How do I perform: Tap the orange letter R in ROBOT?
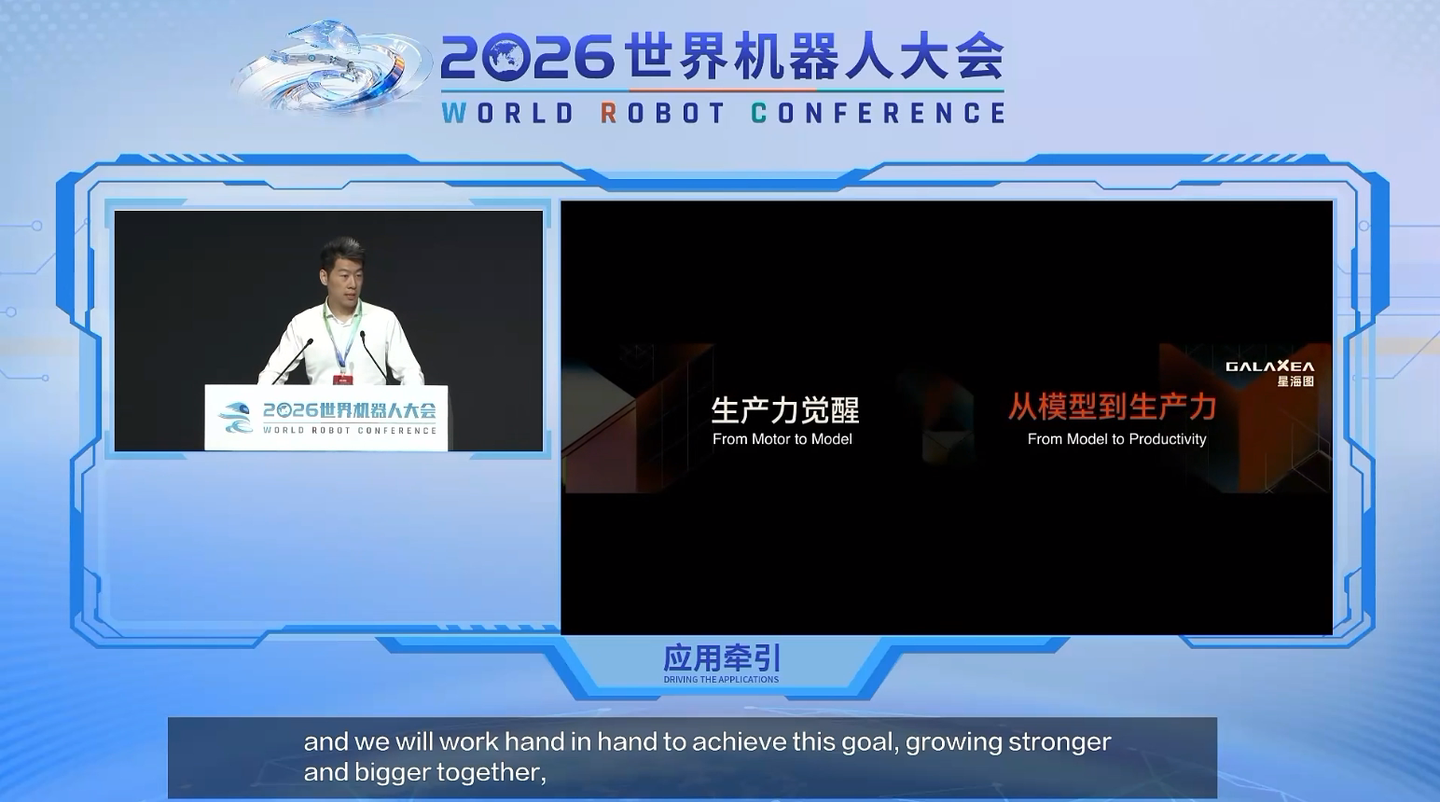point(608,113)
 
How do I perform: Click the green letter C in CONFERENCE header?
point(758,113)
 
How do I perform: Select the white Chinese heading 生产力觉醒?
point(785,410)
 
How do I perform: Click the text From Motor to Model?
point(782,439)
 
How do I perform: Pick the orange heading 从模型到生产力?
point(1112,407)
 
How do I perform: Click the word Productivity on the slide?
point(1168,439)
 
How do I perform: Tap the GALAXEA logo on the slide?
point(1269,366)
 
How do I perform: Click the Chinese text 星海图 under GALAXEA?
point(1295,381)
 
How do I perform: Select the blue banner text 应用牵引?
point(721,658)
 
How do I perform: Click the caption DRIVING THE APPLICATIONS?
point(721,679)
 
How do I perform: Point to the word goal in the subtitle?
point(874,742)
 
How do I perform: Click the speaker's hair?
point(342,249)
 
